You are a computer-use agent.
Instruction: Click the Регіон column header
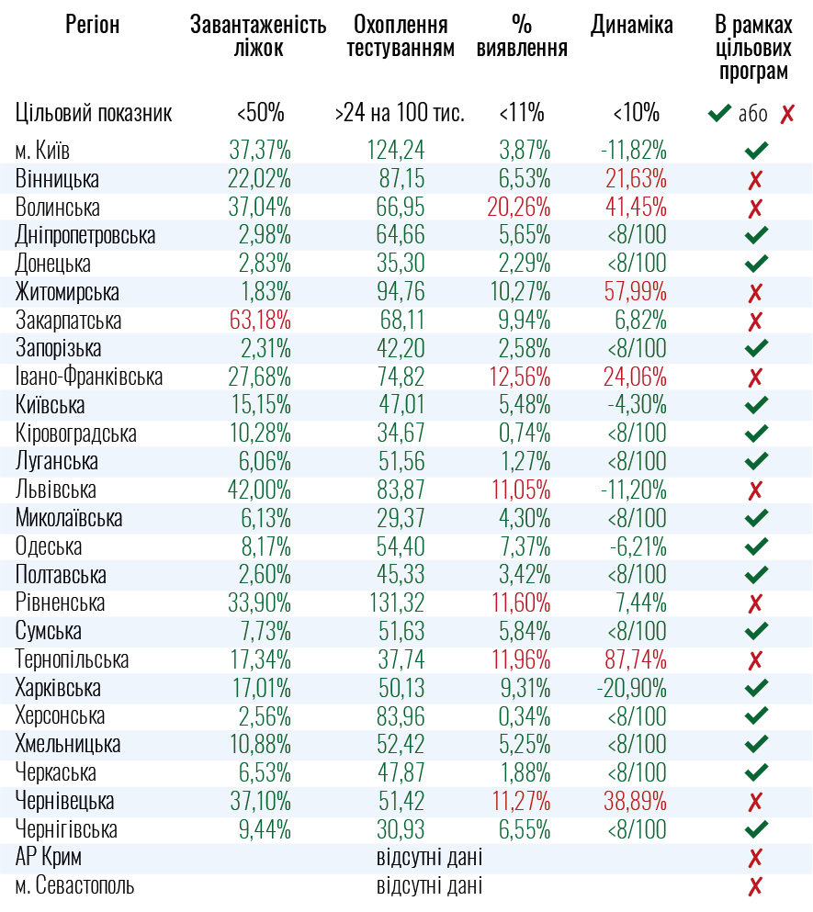[92, 25]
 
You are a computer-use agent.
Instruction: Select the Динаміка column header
[631, 25]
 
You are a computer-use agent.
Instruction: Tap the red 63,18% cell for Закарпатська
[260, 321]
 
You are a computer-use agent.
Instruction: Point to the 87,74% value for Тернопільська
[635, 660]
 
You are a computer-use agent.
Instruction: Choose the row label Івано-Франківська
[89, 377]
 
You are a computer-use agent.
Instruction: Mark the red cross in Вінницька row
[756, 180]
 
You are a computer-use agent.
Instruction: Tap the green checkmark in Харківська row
[756, 689]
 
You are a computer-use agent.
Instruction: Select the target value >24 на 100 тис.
[400, 114]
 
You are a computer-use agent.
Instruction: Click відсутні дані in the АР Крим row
[429, 859]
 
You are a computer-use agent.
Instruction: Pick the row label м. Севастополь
[74, 887]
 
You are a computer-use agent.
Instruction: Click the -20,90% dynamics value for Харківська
[633, 689]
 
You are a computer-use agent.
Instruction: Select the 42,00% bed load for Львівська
[260, 490]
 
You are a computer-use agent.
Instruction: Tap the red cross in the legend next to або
[787, 114]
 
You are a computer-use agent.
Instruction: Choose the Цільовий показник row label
[94, 114]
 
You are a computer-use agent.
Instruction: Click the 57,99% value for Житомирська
[635, 293]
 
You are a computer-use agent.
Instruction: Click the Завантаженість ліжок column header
[258, 37]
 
